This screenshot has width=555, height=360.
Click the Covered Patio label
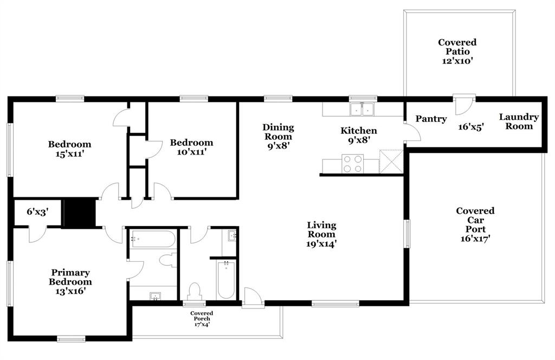pos(457,47)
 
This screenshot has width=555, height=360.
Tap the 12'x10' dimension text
pos(457,61)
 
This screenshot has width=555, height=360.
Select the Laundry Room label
pos(519,121)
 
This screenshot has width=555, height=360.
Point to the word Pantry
pos(431,119)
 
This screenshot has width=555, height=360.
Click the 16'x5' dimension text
pos(470,126)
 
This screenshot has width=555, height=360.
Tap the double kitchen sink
pos(362,109)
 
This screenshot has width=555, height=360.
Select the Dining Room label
pos(278,132)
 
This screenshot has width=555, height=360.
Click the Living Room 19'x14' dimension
pos(321,244)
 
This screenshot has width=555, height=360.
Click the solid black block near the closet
pos(79,213)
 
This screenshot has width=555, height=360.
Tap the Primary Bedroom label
pos(70,277)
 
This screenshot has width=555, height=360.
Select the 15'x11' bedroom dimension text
pos(69,153)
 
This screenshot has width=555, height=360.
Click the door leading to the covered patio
pos(464,105)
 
